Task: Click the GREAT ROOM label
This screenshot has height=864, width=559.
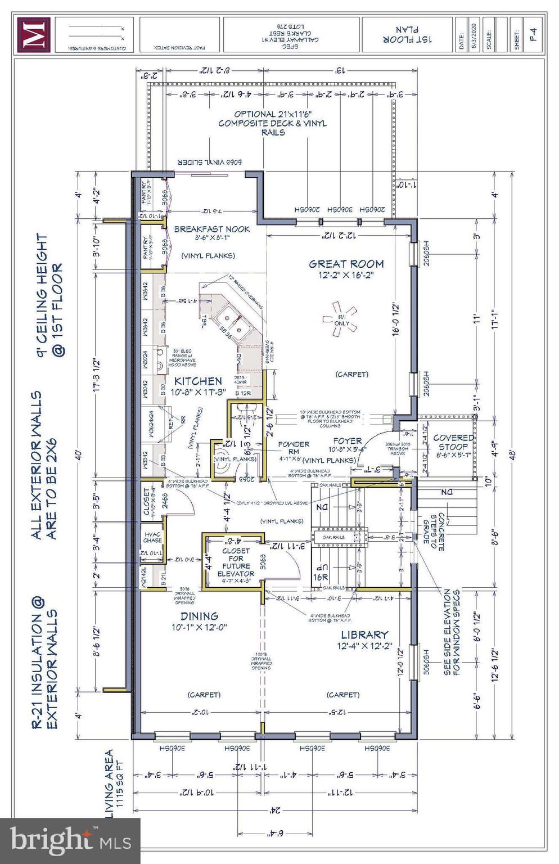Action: click(346, 264)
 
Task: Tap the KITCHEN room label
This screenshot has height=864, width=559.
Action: click(197, 381)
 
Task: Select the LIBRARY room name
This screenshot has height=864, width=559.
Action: click(364, 634)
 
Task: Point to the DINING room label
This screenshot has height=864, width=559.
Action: click(199, 616)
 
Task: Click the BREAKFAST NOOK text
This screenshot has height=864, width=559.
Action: click(211, 229)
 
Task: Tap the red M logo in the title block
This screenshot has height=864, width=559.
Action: click(33, 35)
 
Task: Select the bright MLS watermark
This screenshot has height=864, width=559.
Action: click(70, 840)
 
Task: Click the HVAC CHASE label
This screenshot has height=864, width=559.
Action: click(152, 537)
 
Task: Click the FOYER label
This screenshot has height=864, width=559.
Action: click(346, 440)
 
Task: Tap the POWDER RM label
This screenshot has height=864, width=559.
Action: click(293, 448)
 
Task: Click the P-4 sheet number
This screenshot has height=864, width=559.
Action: click(534, 35)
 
